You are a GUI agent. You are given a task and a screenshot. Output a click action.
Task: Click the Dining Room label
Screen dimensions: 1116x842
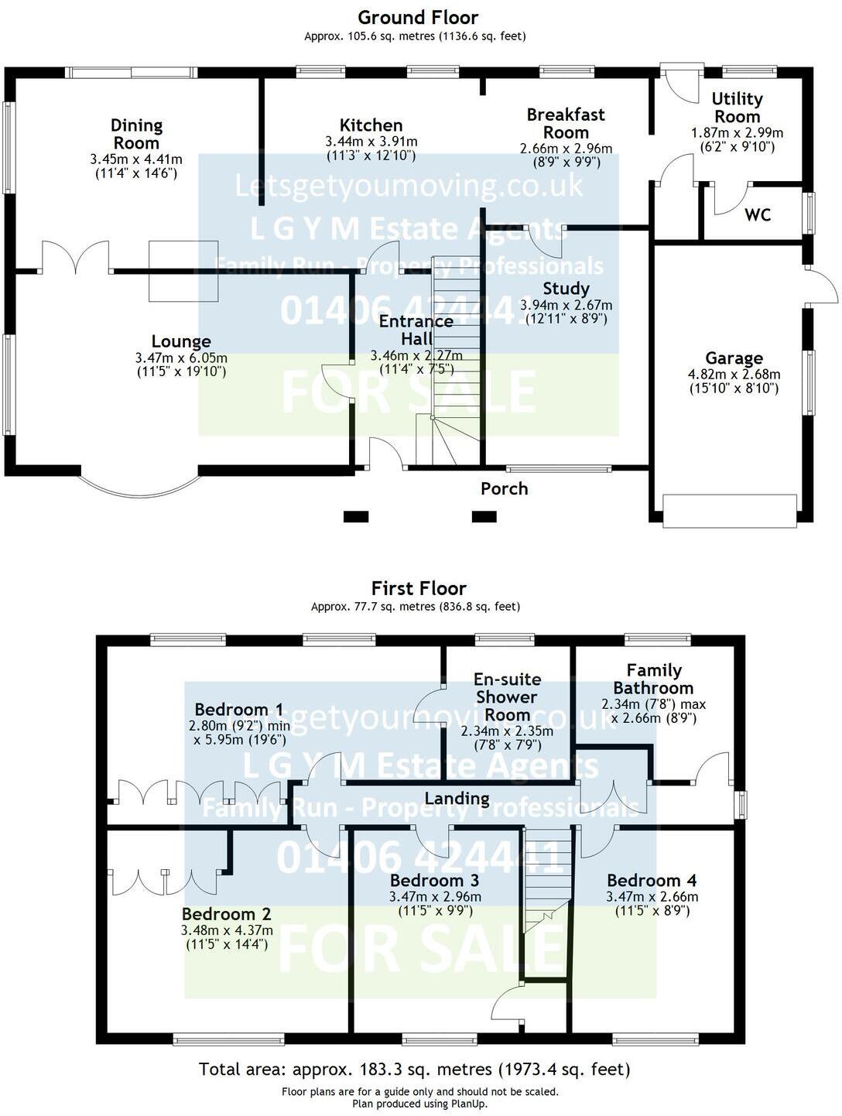click(136, 134)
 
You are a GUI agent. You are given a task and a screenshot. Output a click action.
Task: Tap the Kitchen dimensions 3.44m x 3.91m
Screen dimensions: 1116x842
click(371, 142)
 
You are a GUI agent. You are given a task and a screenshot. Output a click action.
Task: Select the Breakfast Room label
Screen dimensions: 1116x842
click(566, 123)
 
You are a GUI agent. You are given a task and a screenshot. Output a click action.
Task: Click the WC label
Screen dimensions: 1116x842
click(758, 215)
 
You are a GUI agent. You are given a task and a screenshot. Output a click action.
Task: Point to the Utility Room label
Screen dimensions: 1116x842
click(737, 108)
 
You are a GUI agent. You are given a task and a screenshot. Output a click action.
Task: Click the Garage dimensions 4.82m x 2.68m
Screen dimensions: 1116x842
click(734, 375)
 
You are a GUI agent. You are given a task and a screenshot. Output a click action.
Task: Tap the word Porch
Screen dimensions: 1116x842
click(504, 489)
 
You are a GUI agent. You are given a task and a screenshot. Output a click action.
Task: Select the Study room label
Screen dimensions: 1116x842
click(566, 289)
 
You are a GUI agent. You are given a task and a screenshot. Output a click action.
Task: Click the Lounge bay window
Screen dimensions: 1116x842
click(139, 484)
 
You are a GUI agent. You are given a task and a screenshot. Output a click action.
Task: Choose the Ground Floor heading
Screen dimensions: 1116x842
click(418, 17)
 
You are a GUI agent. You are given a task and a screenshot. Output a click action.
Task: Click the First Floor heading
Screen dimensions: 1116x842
click(419, 588)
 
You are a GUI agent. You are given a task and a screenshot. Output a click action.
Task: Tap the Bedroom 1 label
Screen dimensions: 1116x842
click(238, 709)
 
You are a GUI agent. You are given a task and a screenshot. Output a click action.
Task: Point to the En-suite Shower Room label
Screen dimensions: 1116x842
click(507, 697)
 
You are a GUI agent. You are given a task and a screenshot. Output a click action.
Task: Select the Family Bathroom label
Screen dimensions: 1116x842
click(653, 679)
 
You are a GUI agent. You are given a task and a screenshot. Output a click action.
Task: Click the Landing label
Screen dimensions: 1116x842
click(457, 798)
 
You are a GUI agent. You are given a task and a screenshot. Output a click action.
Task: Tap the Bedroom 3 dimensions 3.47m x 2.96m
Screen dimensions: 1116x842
click(435, 897)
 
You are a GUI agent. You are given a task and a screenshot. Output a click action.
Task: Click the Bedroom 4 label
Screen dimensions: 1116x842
click(652, 880)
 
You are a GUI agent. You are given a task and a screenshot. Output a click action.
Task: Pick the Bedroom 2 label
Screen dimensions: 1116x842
click(226, 914)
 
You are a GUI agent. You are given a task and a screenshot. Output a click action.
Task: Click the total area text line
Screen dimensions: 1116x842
click(415, 1070)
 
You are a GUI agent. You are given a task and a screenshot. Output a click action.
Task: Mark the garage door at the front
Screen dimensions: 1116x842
click(729, 512)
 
